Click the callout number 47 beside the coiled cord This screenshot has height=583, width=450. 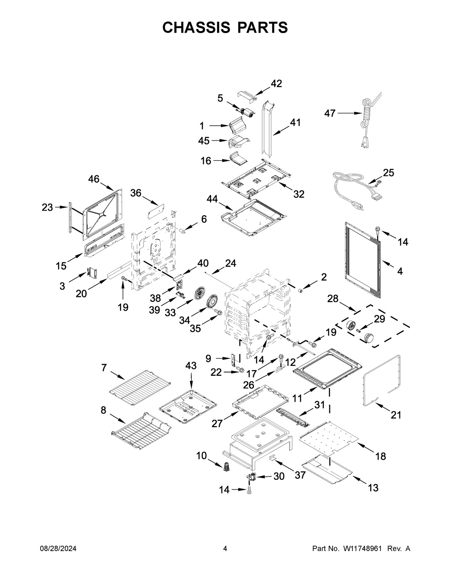330,113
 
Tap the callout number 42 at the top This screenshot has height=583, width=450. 276,84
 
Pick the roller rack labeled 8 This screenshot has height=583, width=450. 141,430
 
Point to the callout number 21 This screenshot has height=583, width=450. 396,415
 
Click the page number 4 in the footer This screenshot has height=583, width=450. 225,549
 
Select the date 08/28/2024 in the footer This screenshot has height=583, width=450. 58,549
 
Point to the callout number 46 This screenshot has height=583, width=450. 94,179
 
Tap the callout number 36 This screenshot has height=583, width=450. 136,193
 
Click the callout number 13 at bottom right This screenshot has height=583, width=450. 373,488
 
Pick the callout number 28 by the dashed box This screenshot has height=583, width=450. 333,299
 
